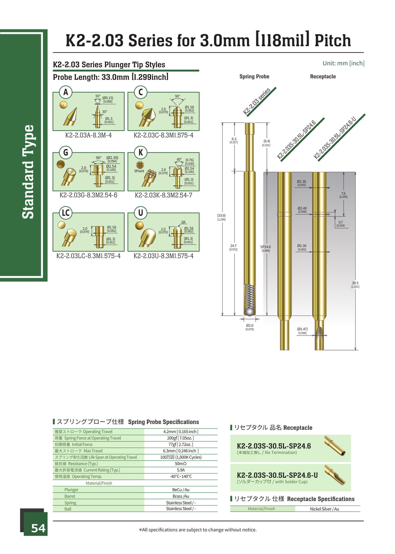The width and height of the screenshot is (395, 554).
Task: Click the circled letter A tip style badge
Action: coord(66,92)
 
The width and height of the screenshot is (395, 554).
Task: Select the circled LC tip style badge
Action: coord(66,213)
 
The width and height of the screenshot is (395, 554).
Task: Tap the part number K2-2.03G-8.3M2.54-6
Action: coord(88,195)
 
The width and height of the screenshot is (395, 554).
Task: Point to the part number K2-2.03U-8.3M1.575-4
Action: coord(163,256)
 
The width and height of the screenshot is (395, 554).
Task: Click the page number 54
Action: coord(38,528)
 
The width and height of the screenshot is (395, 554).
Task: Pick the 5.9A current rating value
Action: coord(181,470)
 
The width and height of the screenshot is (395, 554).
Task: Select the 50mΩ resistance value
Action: coord(181,464)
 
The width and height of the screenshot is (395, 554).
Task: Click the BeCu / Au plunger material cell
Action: coord(181,490)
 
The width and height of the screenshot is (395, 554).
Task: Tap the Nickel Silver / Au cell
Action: coord(324,509)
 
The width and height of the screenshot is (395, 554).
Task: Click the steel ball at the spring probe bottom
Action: coord(249,312)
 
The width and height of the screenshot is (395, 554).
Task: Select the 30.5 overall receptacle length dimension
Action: coord(355,284)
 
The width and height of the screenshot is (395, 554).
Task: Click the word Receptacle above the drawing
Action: coord(323,77)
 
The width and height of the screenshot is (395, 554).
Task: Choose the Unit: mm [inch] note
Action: coord(343,63)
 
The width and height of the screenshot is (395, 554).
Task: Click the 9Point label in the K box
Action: coord(140,171)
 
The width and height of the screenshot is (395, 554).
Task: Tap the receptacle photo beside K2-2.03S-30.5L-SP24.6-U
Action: coord(334,475)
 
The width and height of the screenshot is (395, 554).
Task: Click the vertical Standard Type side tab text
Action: coord(28,172)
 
